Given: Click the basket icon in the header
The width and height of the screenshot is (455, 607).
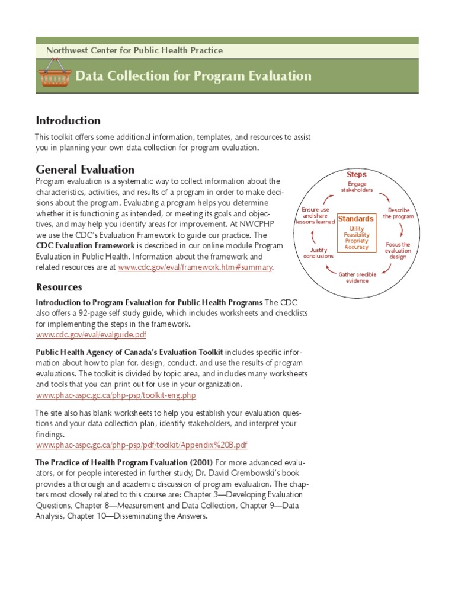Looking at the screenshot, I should (x=54, y=76).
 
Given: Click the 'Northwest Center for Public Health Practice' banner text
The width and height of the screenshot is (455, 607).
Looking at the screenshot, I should (x=134, y=51).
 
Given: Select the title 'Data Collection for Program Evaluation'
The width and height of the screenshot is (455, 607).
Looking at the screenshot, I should (x=193, y=76).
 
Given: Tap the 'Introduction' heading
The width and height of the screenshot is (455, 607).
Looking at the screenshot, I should (x=68, y=121).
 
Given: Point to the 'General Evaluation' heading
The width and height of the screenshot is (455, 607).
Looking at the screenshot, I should (x=85, y=170).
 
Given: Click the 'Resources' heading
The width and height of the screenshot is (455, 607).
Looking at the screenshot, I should (x=59, y=287).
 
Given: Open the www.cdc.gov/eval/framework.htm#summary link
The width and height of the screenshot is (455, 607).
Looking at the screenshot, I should (x=195, y=267).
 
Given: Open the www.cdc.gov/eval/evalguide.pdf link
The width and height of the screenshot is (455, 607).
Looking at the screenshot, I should (x=91, y=335).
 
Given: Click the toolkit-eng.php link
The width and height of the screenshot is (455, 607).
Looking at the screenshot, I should (x=116, y=395).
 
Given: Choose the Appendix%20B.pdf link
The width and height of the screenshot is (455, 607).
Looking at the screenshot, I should (x=142, y=445).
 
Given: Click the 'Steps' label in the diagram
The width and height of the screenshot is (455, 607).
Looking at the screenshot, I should (x=357, y=175).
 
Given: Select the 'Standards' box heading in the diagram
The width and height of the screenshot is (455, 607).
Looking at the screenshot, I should (x=356, y=219).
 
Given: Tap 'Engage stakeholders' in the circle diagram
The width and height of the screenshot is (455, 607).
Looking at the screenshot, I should (x=357, y=187).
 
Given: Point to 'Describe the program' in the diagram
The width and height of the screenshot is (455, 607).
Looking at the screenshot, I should (x=398, y=213).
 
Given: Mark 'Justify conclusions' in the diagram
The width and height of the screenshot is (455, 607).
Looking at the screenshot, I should (x=318, y=253).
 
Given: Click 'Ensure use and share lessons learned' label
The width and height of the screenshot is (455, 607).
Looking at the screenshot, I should (x=315, y=216).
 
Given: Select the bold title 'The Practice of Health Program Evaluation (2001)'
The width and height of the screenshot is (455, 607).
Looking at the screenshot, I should (x=124, y=462).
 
